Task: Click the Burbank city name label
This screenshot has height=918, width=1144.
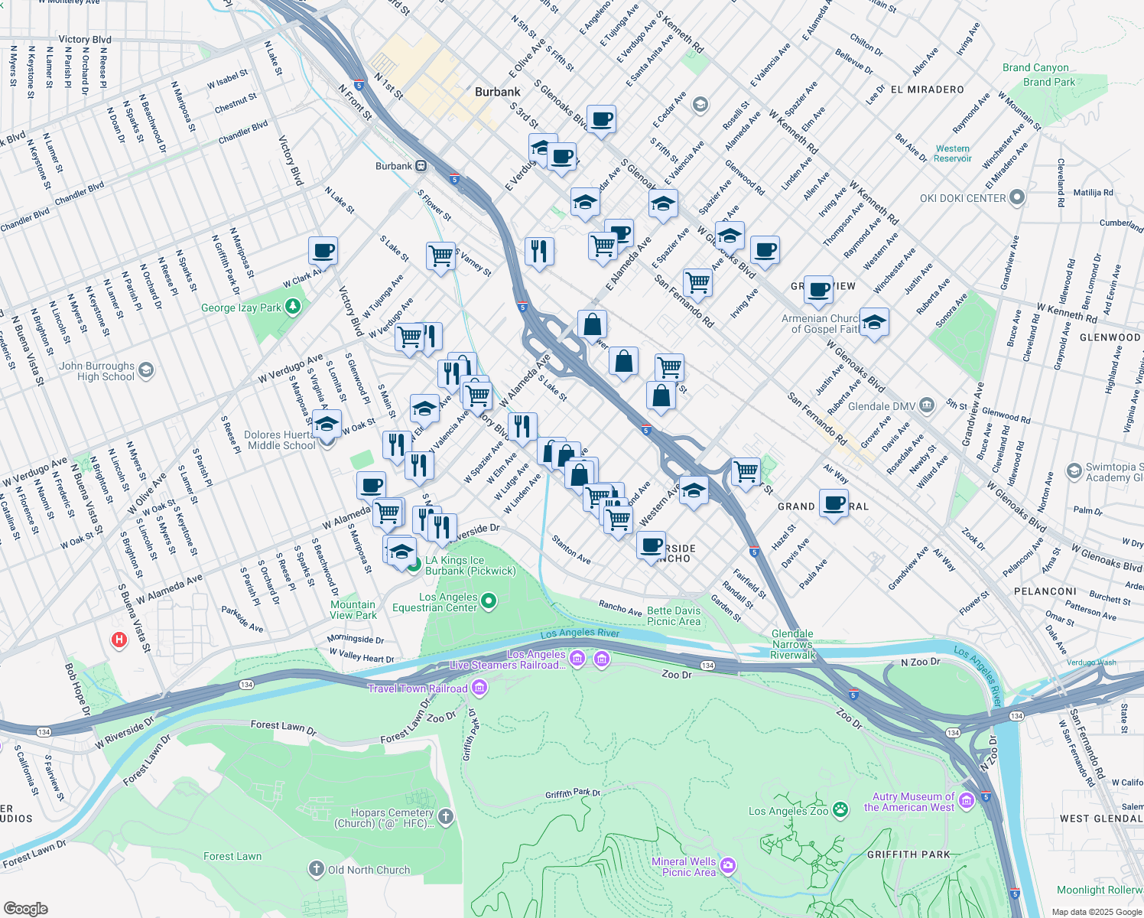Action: tap(497, 92)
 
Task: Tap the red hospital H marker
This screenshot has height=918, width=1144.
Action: tap(119, 640)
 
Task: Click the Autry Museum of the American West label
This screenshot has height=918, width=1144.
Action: tap(909, 802)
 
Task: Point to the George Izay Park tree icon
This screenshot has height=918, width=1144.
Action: tap(292, 307)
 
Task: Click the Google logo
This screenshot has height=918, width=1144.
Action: tap(26, 909)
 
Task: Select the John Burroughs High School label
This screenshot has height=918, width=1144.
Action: tap(96, 372)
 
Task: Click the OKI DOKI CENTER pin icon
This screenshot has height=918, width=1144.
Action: tap(1016, 198)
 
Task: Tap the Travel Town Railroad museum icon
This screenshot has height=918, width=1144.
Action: tap(479, 688)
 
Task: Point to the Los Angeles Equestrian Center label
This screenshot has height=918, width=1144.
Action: tap(434, 603)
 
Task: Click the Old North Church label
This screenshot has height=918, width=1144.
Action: tap(369, 870)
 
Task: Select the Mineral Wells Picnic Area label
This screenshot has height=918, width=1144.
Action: tap(684, 867)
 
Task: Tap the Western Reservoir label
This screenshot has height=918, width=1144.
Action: tap(952, 154)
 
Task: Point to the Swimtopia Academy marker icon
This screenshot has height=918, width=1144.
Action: tap(1074, 470)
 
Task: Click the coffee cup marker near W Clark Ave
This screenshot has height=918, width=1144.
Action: tap(323, 250)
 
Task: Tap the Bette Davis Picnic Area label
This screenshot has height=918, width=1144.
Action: tap(674, 616)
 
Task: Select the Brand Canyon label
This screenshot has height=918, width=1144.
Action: tap(1035, 68)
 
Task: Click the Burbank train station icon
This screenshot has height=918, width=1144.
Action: tap(421, 166)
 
